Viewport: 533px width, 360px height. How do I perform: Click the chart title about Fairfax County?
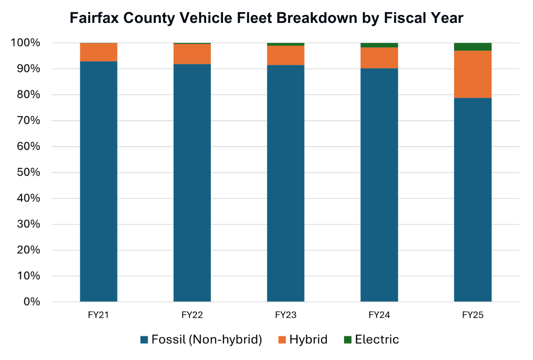[x=266, y=18]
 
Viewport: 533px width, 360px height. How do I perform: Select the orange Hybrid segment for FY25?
[x=473, y=74]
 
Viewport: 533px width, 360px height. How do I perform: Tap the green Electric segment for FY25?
[x=473, y=47]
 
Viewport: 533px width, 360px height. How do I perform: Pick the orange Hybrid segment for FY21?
[x=99, y=52]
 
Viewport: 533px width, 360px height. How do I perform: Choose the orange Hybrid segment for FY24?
[x=379, y=58]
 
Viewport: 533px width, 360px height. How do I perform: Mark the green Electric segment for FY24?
[x=379, y=45]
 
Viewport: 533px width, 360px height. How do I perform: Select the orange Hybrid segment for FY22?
[x=192, y=54]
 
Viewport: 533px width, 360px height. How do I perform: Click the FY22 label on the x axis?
[x=192, y=315]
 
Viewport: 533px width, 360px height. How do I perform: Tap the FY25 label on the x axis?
[x=473, y=315]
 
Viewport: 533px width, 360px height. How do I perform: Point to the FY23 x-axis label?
[x=286, y=315]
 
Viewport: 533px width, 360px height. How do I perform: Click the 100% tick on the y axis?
[x=26, y=43]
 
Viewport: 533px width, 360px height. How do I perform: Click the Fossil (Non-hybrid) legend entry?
[x=201, y=339]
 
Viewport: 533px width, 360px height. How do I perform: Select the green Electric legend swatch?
[x=347, y=340]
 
